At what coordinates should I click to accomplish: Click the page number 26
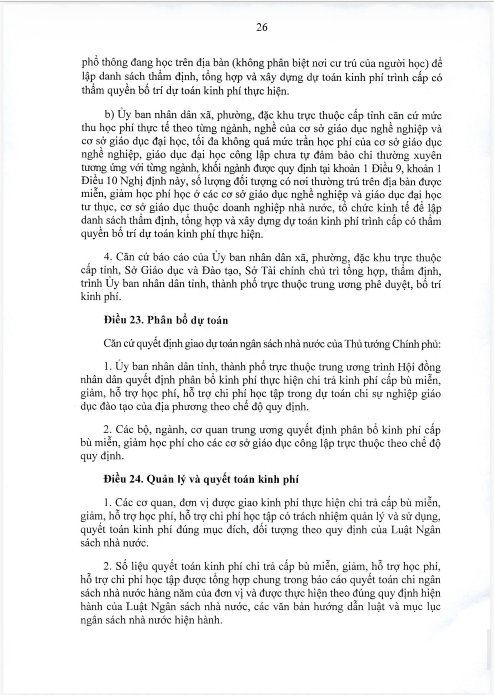point(262,27)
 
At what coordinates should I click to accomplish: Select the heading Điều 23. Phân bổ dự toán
point(165,320)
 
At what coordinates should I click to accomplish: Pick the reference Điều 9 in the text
point(391,168)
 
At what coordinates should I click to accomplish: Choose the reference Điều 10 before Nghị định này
point(96,181)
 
